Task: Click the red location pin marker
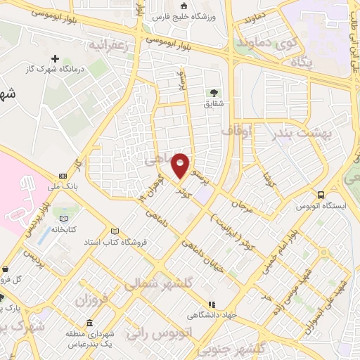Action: pos(181,165)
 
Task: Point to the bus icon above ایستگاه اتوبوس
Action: pos(321,195)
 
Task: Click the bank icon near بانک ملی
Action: pos(63,175)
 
